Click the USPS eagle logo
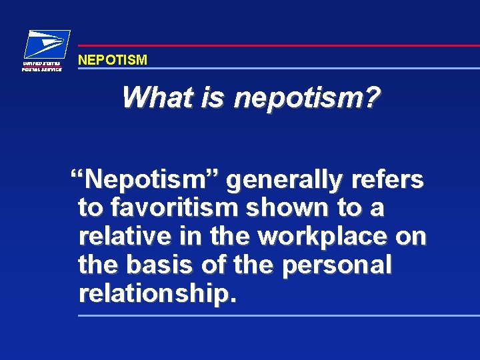click(x=45, y=44)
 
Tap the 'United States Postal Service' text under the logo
click(x=42, y=66)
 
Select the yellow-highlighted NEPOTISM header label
click(x=112, y=60)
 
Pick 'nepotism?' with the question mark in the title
click(x=307, y=99)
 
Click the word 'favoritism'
click(x=174, y=208)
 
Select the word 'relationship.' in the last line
click(x=157, y=294)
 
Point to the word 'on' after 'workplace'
click(x=411, y=237)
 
